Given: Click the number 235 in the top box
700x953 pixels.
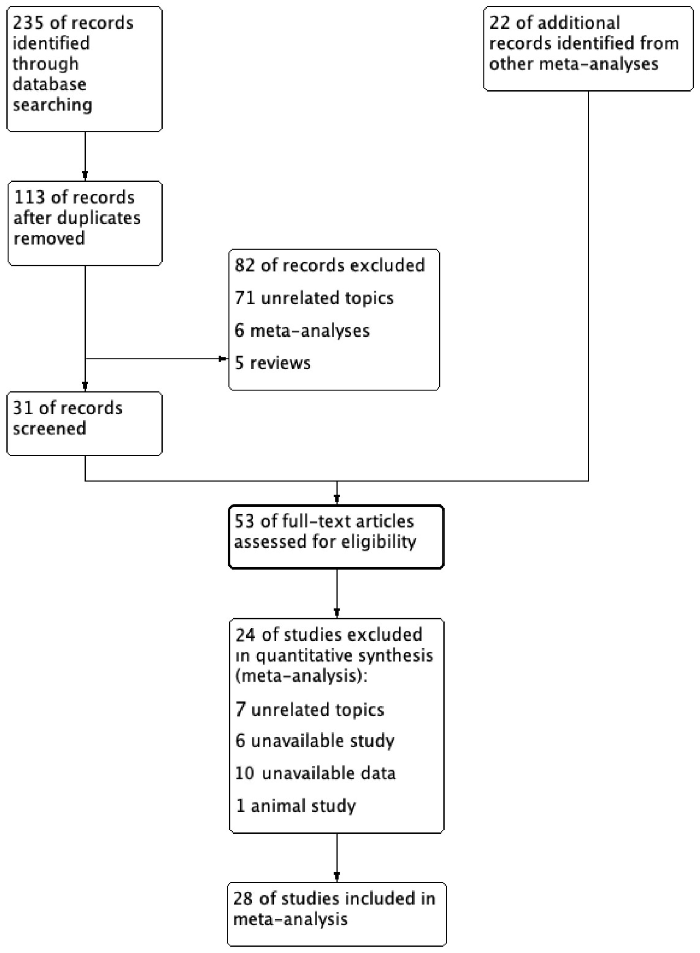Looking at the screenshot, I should tap(28, 23).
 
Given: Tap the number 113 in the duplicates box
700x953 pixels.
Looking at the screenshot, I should tap(29, 198).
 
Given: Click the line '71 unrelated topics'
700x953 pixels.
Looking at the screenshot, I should tap(314, 298).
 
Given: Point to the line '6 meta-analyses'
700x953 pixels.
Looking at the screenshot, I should tap(302, 331).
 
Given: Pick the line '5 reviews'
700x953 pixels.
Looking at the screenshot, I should tap(273, 363).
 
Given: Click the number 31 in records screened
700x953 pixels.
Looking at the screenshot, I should tap(22, 408).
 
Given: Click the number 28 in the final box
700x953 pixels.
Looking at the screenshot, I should tap(243, 899).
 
